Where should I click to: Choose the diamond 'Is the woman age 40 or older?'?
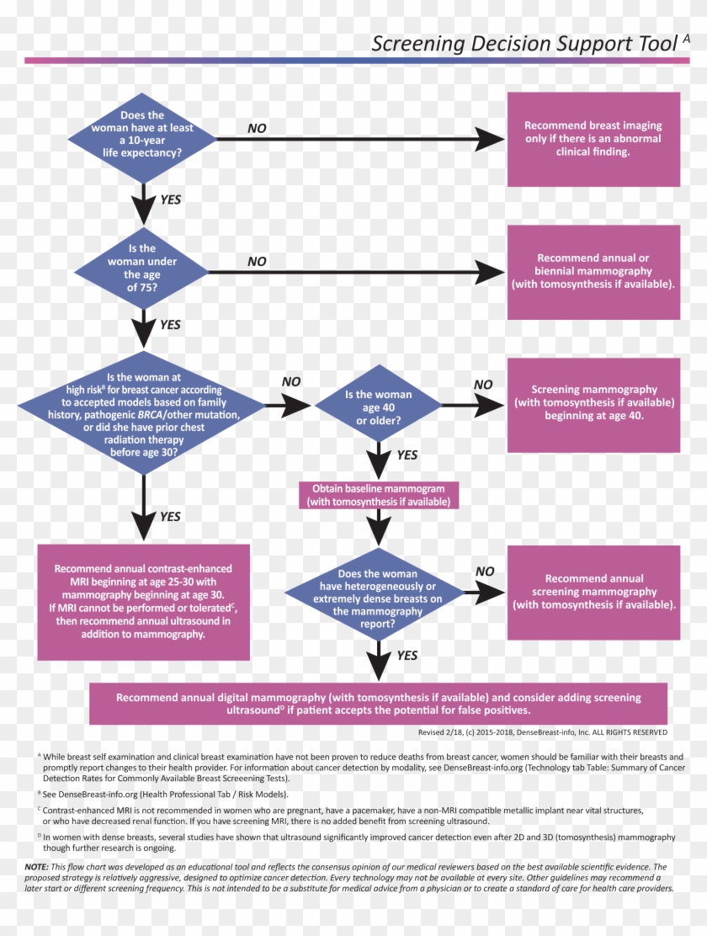pyautogui.click(x=378, y=407)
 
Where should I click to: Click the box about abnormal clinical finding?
pyautogui.click(x=593, y=139)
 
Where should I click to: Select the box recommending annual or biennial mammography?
pyautogui.click(x=593, y=272)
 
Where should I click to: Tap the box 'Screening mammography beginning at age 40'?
pyautogui.click(x=593, y=403)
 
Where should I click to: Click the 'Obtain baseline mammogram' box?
pyautogui.click(x=379, y=495)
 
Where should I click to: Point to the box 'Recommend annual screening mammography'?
pyautogui.click(x=593, y=592)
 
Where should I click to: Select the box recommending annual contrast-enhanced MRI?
pyautogui.click(x=143, y=602)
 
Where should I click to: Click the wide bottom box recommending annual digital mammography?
pyautogui.click(x=378, y=704)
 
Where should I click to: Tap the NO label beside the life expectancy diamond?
pyautogui.click(x=257, y=129)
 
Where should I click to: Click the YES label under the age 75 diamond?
pyautogui.click(x=170, y=324)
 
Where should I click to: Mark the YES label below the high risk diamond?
pyautogui.click(x=170, y=516)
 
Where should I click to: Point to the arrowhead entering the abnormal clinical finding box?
pyautogui.click(x=489, y=140)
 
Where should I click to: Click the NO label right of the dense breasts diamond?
pyautogui.click(x=485, y=572)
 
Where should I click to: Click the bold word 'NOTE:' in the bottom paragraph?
pyautogui.click(x=36, y=866)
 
